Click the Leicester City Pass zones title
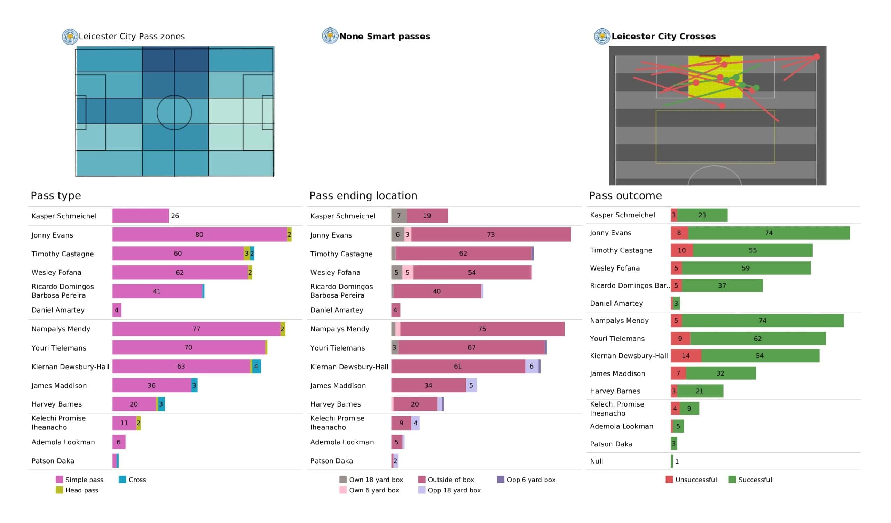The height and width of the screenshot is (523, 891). point(132,37)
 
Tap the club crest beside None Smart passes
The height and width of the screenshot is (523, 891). point(330,36)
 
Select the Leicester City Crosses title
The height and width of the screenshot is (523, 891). point(663,37)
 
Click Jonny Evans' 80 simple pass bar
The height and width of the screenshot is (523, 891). point(199,235)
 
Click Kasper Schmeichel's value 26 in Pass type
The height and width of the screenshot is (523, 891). point(175,216)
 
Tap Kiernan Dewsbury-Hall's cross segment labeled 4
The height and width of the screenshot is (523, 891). point(257,367)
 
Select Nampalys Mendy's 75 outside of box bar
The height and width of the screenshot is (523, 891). point(482,329)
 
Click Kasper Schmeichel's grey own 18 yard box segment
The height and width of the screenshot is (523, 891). point(399,216)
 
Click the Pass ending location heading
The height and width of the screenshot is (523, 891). point(363,195)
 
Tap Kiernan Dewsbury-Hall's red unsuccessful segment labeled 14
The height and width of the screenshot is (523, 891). point(686,356)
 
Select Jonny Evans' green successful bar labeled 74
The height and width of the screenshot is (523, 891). point(769,233)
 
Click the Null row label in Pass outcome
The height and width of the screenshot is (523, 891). point(597,461)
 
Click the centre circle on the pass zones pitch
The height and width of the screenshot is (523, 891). point(174,95)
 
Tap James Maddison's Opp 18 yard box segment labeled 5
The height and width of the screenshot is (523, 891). point(471,385)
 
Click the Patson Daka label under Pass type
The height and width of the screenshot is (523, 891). point(53,461)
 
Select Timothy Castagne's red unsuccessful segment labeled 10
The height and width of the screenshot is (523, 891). point(682,250)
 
